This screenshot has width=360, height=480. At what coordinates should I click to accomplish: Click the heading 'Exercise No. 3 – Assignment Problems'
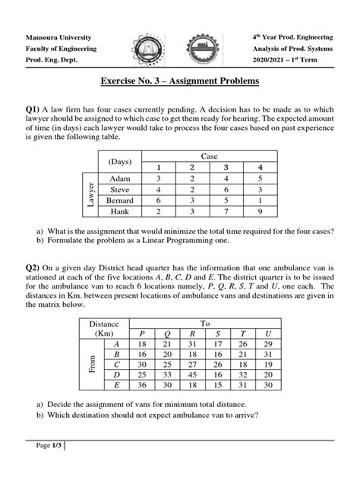pyautogui.click(x=179, y=80)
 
